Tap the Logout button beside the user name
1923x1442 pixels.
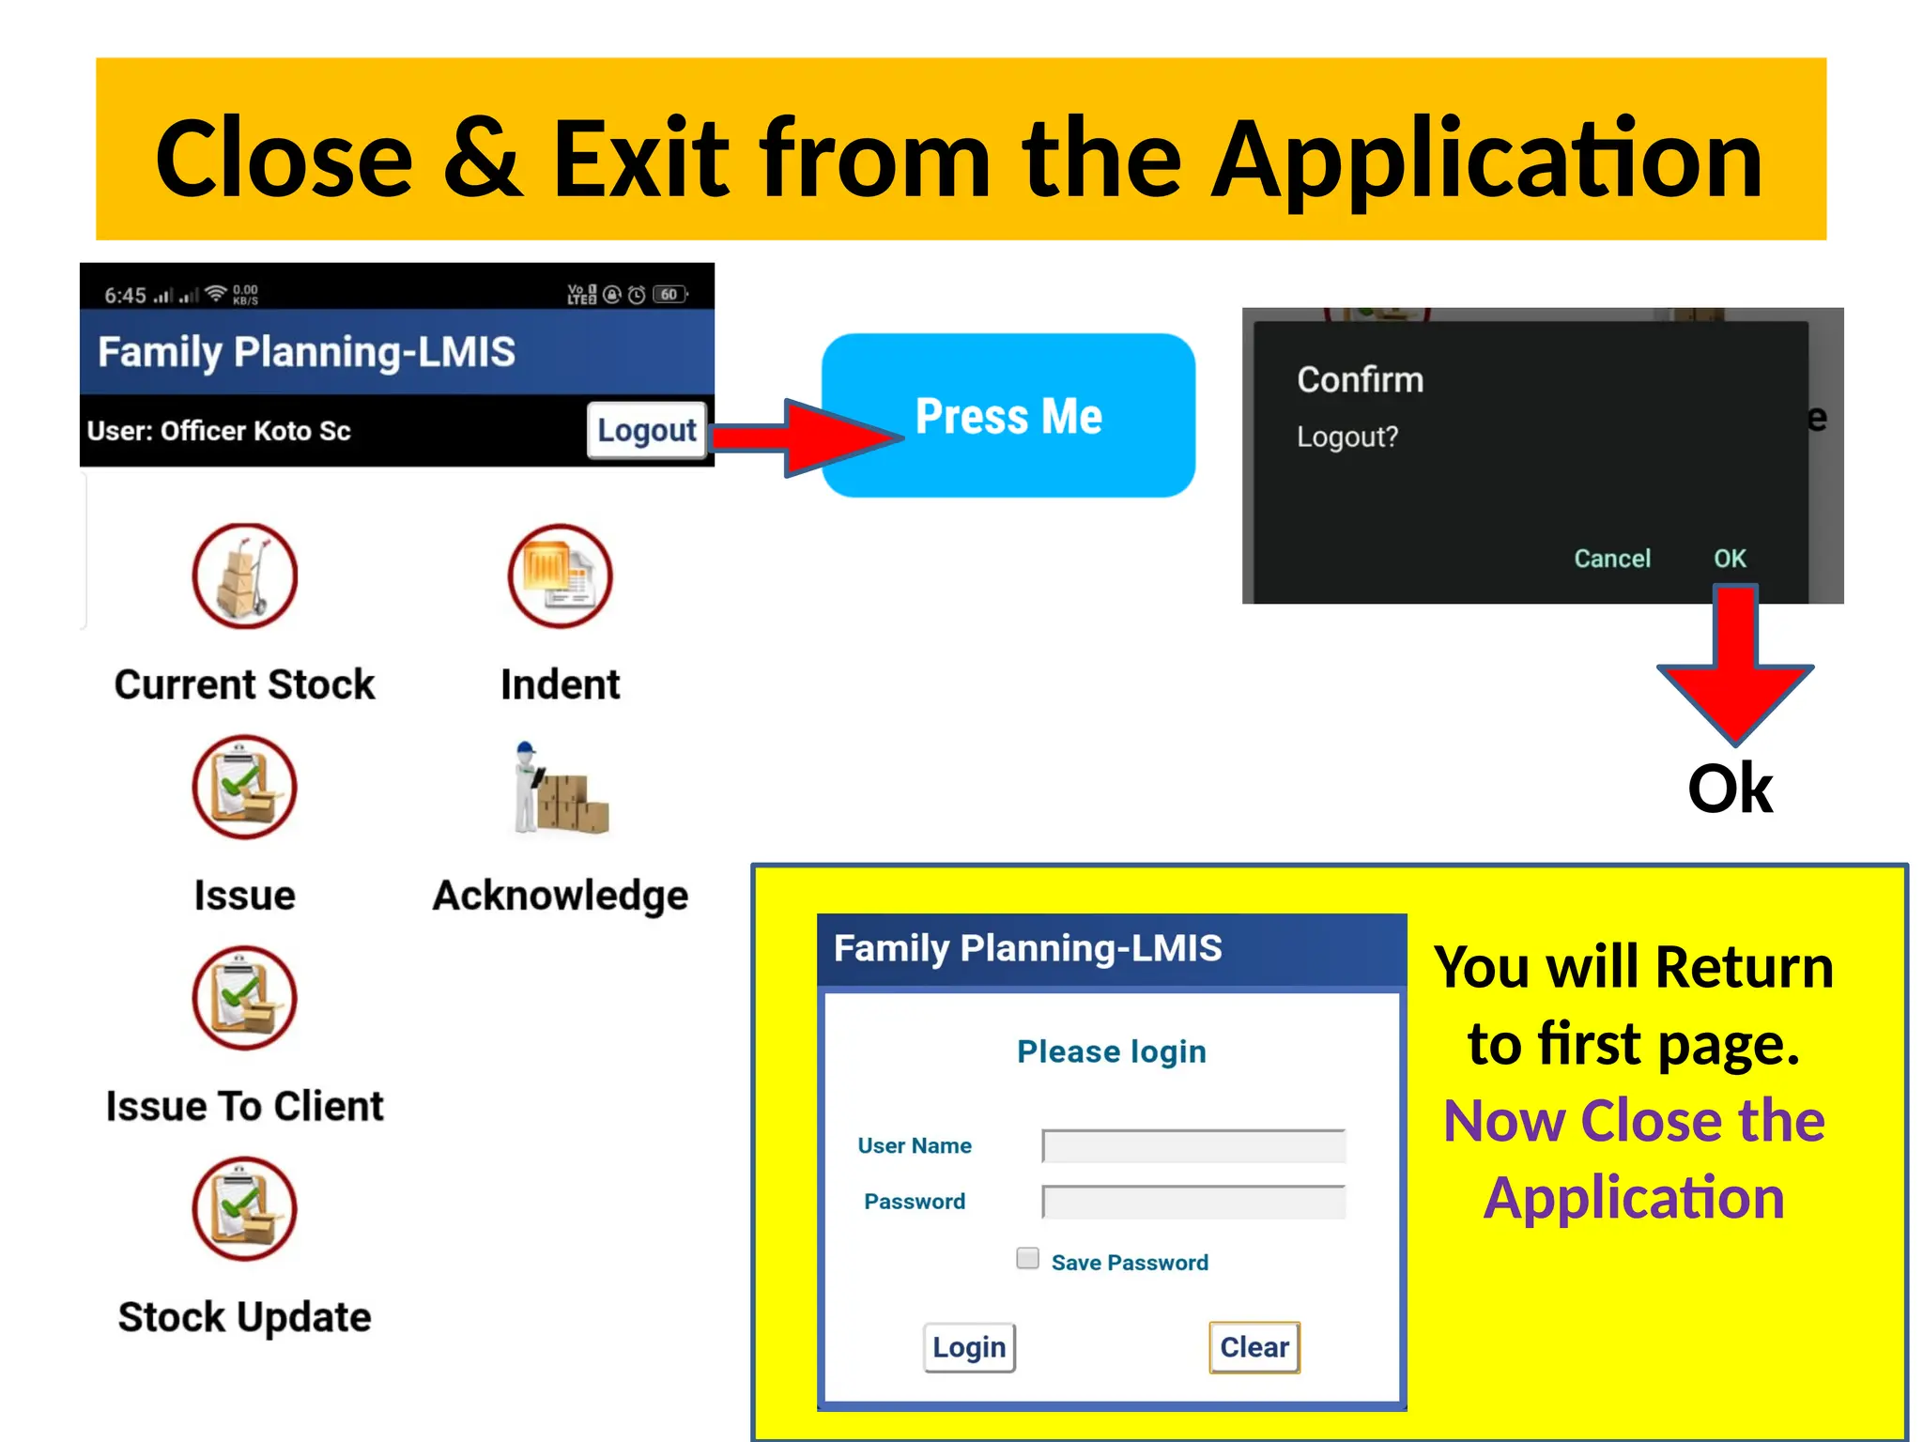646,430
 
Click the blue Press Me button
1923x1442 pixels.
1008,415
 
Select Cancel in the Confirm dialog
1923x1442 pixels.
1611,559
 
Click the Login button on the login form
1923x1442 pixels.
969,1347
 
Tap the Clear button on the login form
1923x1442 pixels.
1254,1347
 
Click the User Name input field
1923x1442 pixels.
1193,1145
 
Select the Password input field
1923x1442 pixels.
1193,1202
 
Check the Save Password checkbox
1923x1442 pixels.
1028,1259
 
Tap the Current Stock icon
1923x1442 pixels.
245,575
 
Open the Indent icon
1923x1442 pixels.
560,575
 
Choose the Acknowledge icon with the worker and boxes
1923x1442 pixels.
561,789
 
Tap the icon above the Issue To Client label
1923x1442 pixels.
245,998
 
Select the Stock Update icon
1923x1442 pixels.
245,1209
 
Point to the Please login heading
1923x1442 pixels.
1112,1051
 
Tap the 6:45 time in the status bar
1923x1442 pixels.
125,296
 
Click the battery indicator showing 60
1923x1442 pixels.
669,295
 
